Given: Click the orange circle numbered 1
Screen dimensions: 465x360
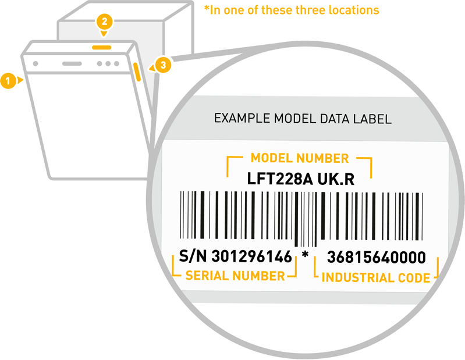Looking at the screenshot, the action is coord(8,80).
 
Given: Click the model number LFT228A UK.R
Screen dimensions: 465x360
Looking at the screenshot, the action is coord(300,180).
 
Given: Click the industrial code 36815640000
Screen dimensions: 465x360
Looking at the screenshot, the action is coord(376,257).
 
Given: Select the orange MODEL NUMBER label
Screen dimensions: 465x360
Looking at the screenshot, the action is coord(300,158).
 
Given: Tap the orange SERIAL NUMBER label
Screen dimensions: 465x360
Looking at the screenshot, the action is coord(235,275).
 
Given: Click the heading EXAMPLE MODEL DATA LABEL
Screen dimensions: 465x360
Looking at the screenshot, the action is coord(303,119).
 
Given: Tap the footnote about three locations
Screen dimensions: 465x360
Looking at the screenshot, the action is coord(291,10).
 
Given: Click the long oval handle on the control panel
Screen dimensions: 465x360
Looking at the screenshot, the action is coord(72,63).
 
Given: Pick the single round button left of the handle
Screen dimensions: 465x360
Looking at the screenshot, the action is coord(36,63).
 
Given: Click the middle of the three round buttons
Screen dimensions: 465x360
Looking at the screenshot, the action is coord(108,63).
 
